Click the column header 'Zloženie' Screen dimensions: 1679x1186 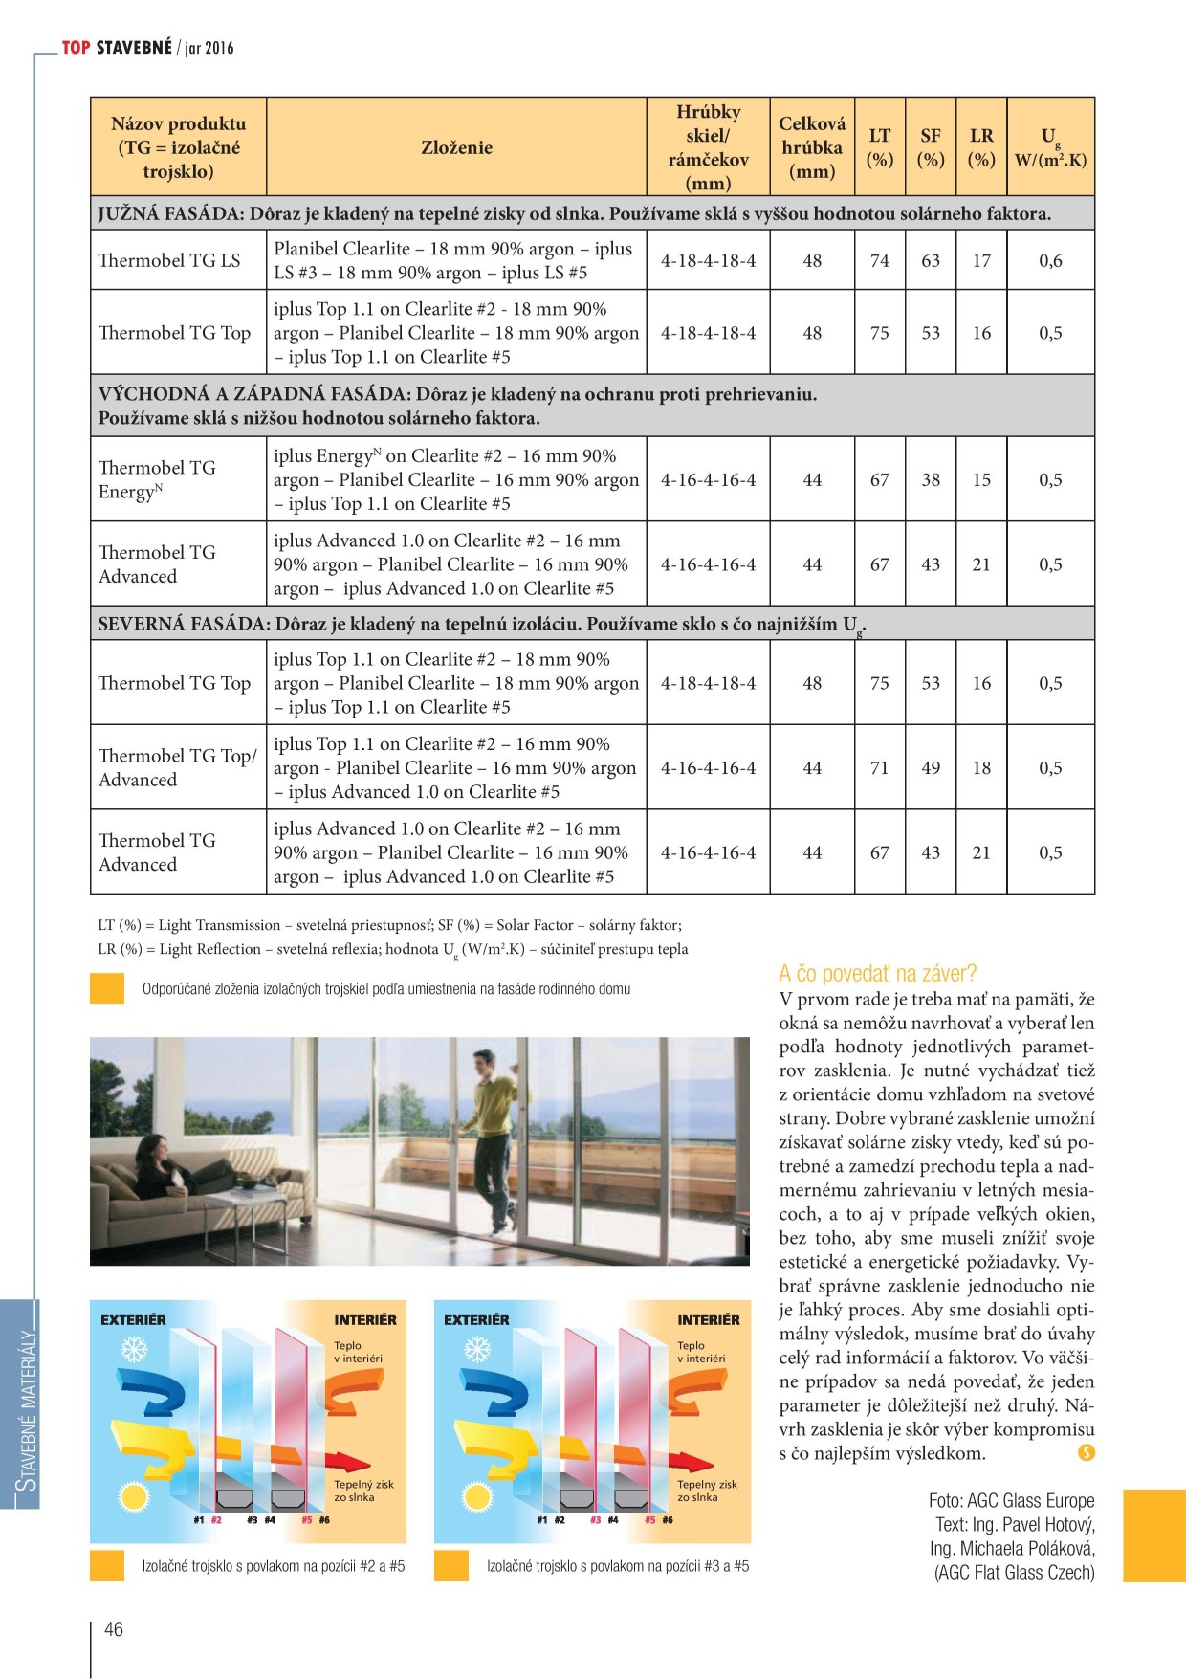(x=456, y=147)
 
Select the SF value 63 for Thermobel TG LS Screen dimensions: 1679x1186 (x=931, y=260)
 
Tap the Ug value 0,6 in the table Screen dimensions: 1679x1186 (x=1050, y=260)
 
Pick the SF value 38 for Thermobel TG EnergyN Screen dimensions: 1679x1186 (x=931, y=479)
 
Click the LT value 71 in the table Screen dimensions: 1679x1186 (x=879, y=767)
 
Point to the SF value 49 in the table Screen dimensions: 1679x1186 (x=931, y=767)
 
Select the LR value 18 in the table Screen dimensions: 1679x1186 (x=981, y=767)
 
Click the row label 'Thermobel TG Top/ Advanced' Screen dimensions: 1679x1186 (x=177, y=767)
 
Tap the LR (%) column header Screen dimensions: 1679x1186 (x=981, y=147)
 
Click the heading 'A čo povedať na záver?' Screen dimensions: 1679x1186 (x=877, y=974)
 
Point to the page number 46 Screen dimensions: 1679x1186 (x=114, y=1629)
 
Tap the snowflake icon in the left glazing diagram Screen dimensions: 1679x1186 (x=134, y=1350)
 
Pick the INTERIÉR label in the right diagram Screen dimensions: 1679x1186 (x=708, y=1320)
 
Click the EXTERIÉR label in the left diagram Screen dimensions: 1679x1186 (x=133, y=1320)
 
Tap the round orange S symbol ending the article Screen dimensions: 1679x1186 (x=1086, y=1453)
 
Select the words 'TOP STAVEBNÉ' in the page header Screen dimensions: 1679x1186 (x=117, y=48)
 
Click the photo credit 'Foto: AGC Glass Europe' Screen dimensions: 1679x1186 (x=1011, y=1501)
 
